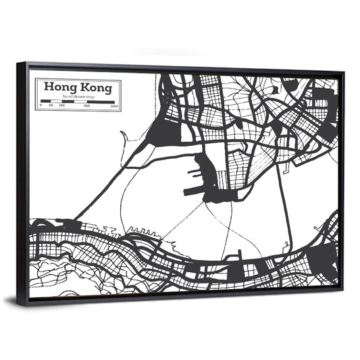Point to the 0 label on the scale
41,106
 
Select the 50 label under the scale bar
52,106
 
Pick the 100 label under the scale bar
62,106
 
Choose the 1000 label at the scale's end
115,107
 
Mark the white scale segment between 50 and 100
57,101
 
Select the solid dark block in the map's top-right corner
323,101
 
